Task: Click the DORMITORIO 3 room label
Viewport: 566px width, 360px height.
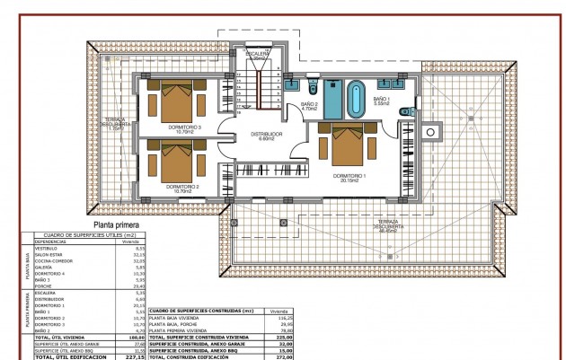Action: (x=185, y=127)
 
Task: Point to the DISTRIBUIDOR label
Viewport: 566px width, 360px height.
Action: (x=266, y=136)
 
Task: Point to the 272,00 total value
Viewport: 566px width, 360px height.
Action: (x=286, y=356)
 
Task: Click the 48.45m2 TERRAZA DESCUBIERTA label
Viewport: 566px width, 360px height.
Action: (x=387, y=225)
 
